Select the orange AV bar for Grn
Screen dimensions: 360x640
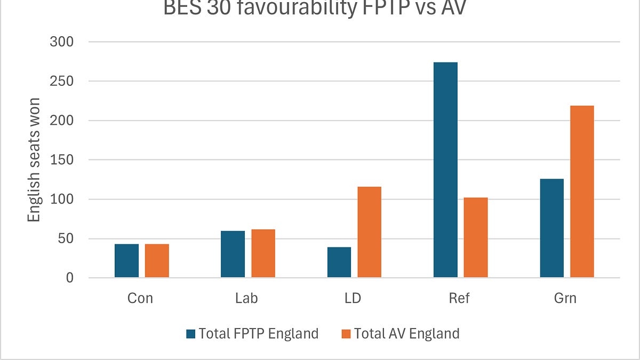point(582,191)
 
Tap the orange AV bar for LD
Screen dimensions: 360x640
point(369,232)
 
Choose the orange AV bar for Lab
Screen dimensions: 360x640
point(263,253)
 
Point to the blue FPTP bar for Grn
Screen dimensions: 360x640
point(551,228)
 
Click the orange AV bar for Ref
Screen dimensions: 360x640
point(476,237)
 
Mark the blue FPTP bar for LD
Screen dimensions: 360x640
point(339,262)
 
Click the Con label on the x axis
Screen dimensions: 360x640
point(140,298)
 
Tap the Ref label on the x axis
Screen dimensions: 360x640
point(459,298)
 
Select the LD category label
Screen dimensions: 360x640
point(353,298)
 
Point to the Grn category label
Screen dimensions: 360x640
point(565,298)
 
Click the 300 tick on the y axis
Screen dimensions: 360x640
point(62,42)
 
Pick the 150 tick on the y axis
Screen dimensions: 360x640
point(62,160)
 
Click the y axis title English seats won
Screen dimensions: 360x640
point(34,160)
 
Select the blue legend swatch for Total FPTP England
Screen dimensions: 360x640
point(191,334)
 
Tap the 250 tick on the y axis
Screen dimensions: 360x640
point(62,81)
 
